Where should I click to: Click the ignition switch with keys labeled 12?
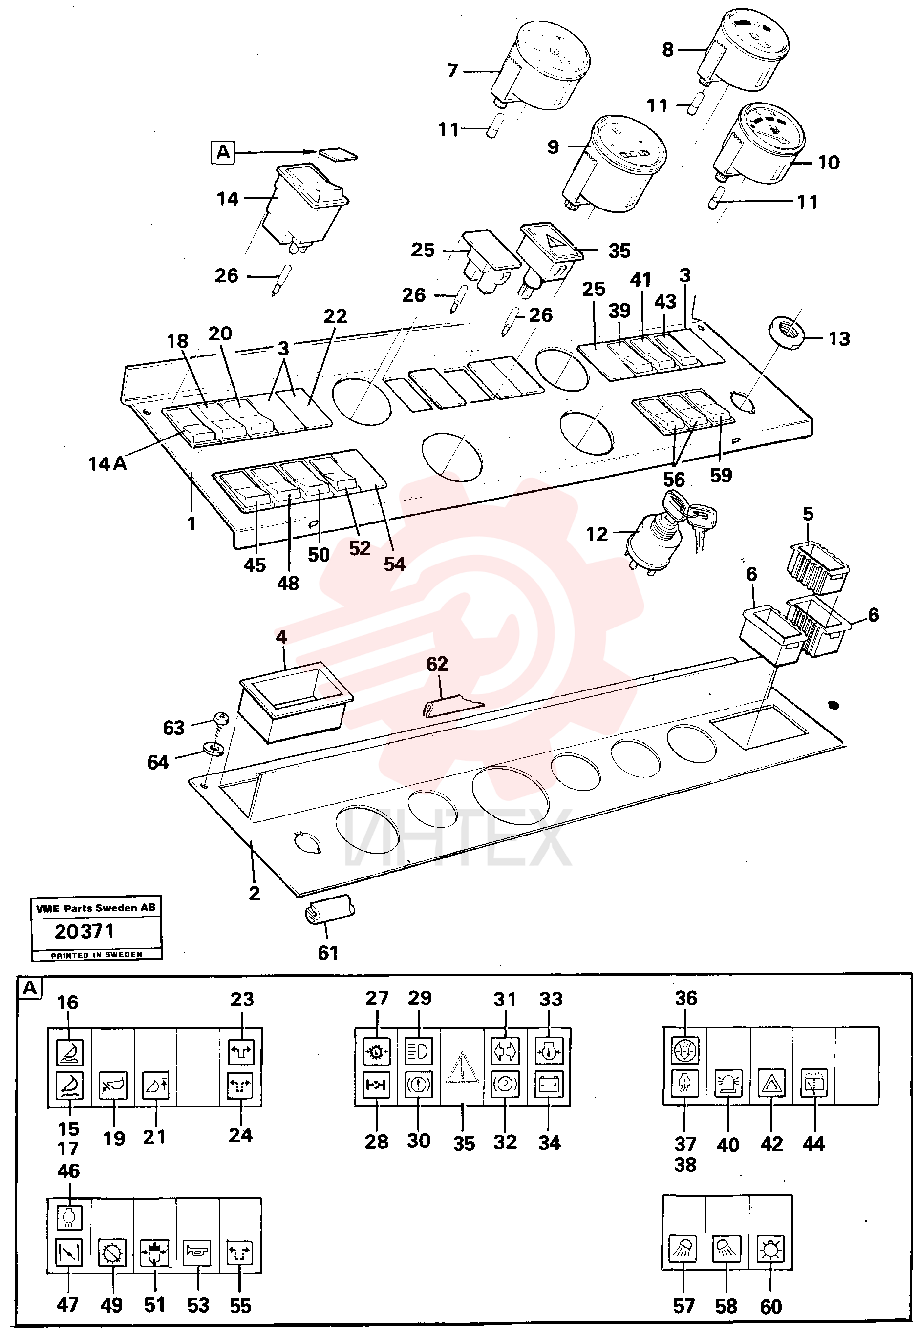[668, 529]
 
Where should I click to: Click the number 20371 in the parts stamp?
[85, 931]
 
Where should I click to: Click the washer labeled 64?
[213, 749]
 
